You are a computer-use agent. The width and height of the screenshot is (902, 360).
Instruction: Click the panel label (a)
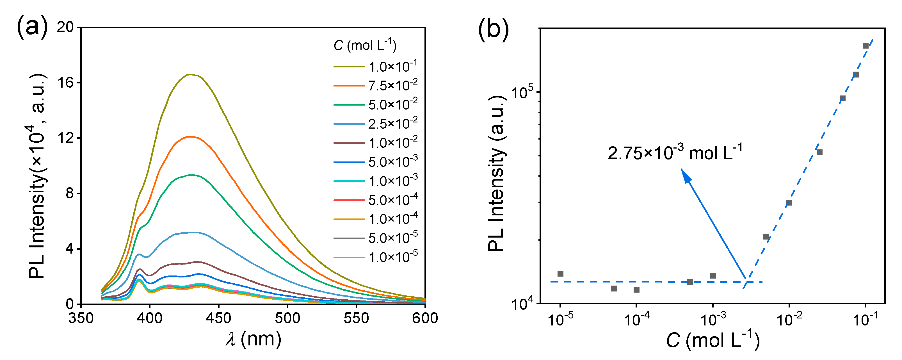(32, 27)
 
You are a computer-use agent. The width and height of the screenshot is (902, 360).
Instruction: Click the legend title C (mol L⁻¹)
(365, 45)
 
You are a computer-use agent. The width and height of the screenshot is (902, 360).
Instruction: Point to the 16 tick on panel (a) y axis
(65, 83)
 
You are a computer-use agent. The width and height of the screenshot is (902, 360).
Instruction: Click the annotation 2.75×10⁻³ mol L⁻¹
(675, 153)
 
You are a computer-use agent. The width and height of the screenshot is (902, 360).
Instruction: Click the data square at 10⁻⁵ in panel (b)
(560, 274)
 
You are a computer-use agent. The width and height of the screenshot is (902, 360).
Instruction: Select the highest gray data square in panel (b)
(866, 45)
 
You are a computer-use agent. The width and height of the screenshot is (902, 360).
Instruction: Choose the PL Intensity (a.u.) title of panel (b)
(497, 173)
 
